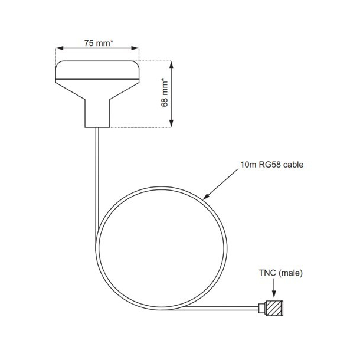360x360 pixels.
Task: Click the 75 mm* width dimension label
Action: click(98, 43)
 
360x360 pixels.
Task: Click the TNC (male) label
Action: click(280, 273)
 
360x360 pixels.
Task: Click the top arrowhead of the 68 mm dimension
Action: click(172, 64)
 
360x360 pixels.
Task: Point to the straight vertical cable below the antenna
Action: click(96, 177)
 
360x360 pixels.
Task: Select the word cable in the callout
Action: click(293, 165)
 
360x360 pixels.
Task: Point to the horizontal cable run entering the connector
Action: click(224, 307)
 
